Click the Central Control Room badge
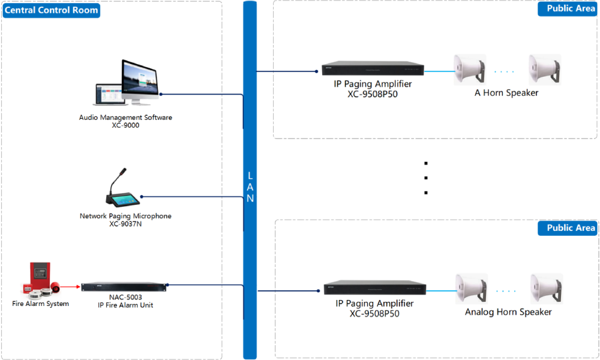click(51, 10)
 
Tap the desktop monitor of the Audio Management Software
click(139, 82)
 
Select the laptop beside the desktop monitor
click(108, 94)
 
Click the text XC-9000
click(125, 125)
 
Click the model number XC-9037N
click(125, 224)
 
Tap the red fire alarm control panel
click(40, 275)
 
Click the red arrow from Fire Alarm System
click(70, 287)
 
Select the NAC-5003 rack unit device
click(124, 287)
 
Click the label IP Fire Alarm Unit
click(125, 305)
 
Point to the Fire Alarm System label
click(41, 304)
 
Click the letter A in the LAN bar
click(250, 187)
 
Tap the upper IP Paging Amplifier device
click(373, 68)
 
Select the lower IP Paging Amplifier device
click(374, 287)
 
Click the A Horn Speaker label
click(506, 93)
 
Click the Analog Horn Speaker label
click(508, 312)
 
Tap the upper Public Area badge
click(567, 8)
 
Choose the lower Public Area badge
click(567, 228)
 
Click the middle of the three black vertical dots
click(426, 178)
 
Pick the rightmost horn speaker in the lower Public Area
click(547, 289)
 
